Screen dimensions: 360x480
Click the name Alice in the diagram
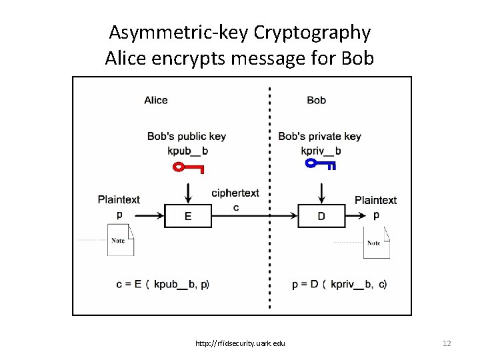coord(156,100)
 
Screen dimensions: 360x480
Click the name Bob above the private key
coord(316,100)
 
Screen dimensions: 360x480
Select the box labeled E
coord(188,216)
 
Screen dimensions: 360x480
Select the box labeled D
coord(321,216)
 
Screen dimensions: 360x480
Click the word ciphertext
coord(235,193)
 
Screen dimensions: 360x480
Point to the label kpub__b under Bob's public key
coord(187,151)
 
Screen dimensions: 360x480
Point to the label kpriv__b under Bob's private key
coord(321,151)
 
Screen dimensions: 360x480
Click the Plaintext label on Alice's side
coord(119,199)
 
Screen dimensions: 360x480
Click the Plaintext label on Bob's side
coord(375,200)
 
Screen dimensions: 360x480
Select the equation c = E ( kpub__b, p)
coord(163,285)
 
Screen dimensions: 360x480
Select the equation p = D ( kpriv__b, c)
coord(339,285)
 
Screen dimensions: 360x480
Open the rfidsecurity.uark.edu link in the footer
coord(240,343)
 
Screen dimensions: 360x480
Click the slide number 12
coord(447,343)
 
